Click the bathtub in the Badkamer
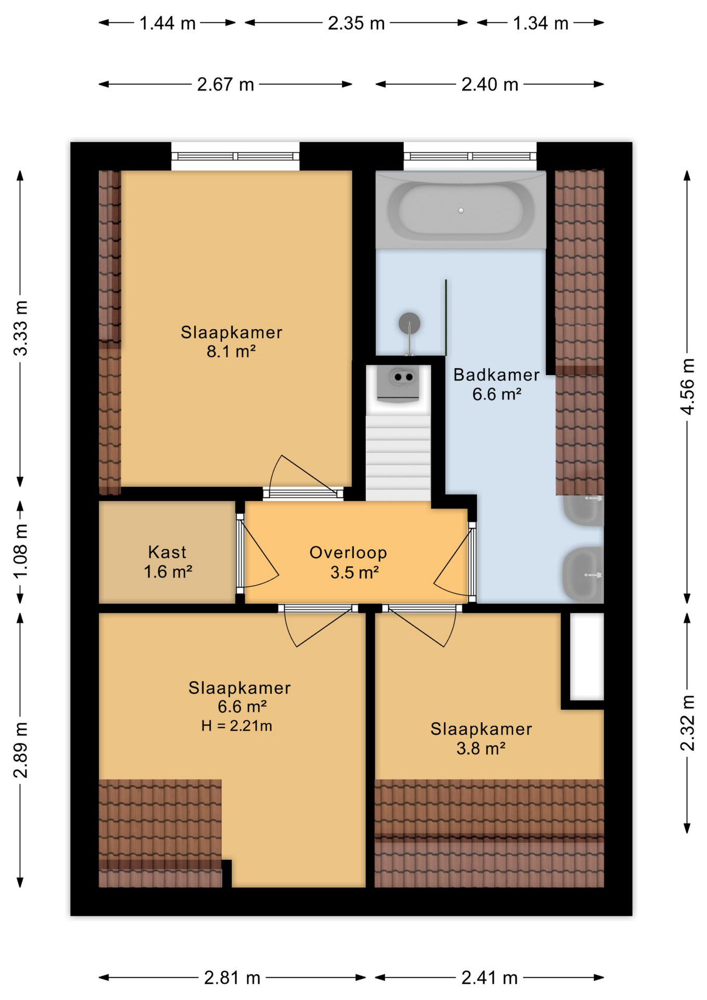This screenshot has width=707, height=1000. [x=461, y=210]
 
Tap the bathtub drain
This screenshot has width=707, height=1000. [x=461, y=210]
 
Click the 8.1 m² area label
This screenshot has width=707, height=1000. [x=231, y=352]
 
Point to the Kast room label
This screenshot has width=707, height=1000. [x=167, y=552]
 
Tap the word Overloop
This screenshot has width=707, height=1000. [x=348, y=553]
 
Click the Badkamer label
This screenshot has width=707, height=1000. [x=496, y=374]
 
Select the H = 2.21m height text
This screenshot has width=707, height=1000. [x=237, y=726]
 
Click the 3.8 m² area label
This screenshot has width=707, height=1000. [x=481, y=748]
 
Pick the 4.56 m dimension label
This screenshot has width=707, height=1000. [x=688, y=386]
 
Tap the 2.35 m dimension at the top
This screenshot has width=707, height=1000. [x=356, y=23]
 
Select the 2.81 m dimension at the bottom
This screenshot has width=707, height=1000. [x=232, y=978]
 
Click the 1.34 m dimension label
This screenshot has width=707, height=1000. [x=540, y=23]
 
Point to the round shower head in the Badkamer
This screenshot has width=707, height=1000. [x=410, y=323]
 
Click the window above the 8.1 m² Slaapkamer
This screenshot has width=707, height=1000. [x=235, y=156]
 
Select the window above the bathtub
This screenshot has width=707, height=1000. [x=470, y=156]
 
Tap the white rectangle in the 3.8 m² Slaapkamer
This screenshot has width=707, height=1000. [x=587, y=656]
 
